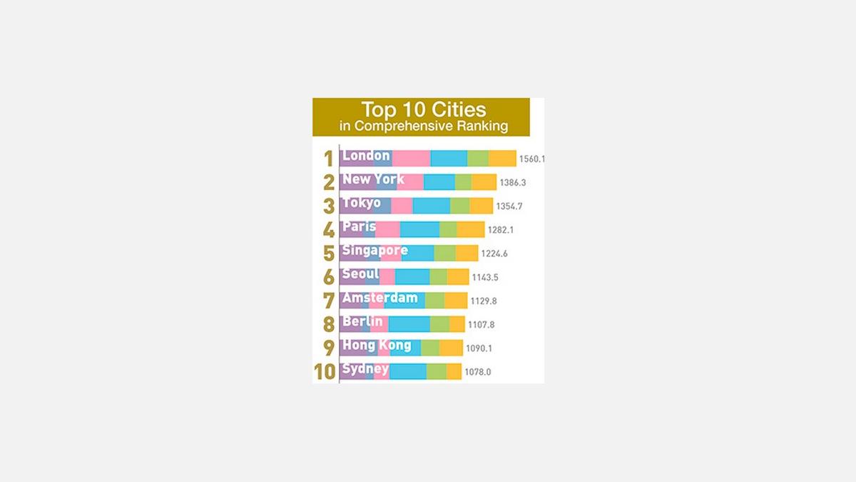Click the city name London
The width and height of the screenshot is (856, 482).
point(366,156)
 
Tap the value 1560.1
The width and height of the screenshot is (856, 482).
point(531,159)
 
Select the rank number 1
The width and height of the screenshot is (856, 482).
point(328,159)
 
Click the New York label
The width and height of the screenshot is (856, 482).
point(373,179)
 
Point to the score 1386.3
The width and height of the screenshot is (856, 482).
point(513,183)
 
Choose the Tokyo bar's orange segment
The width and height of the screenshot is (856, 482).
point(481,206)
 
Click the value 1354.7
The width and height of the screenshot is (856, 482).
point(509,206)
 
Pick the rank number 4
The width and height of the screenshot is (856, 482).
point(328,229)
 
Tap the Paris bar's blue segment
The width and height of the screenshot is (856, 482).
point(419,229)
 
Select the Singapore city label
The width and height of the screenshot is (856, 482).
point(374,251)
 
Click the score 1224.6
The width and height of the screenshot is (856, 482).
point(494,253)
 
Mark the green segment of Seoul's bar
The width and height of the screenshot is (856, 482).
point(438,277)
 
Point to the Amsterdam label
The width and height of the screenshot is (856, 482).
point(379,298)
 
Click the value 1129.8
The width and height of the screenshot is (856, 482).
point(484,301)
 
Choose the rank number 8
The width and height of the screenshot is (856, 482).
point(328,324)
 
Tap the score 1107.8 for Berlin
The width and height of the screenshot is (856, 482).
point(481,325)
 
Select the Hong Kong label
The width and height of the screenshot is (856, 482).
point(377,346)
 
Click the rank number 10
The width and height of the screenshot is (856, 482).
point(325,371)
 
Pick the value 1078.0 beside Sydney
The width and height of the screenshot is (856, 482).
point(478,372)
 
